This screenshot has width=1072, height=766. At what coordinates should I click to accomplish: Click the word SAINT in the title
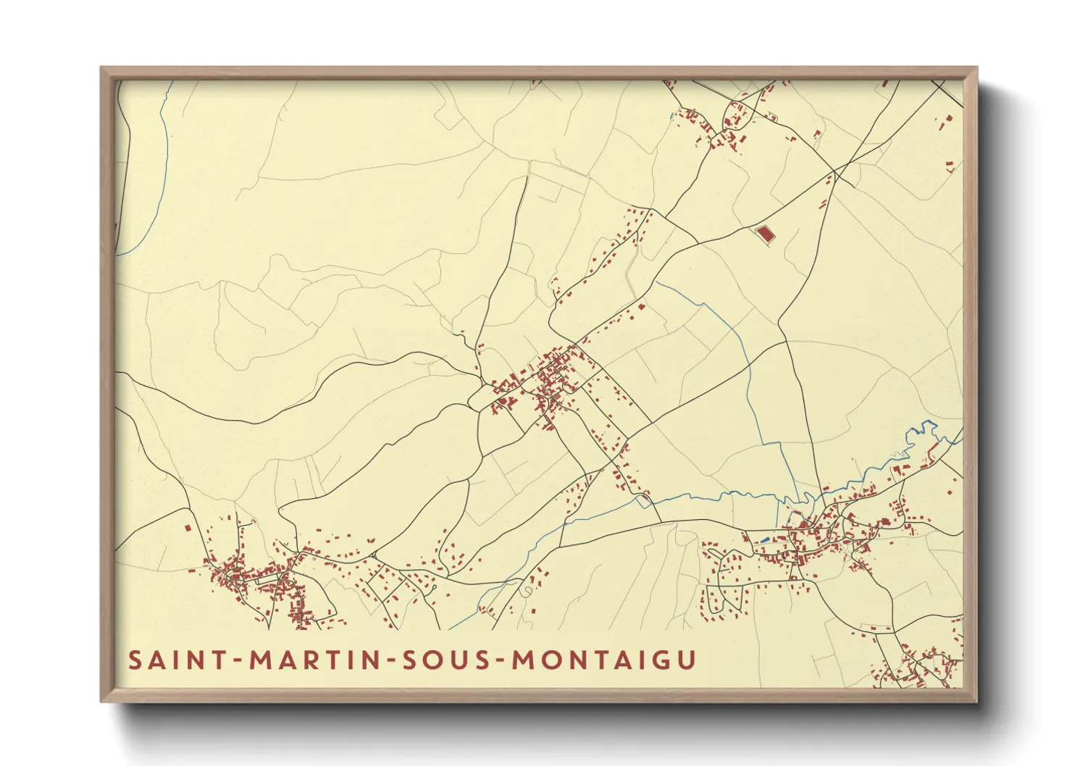click(169, 660)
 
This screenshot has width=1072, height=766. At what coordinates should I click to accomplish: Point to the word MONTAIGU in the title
click(604, 660)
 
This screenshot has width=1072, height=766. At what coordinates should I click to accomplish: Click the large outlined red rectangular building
click(763, 234)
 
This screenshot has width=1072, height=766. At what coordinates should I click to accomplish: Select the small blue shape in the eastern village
click(766, 540)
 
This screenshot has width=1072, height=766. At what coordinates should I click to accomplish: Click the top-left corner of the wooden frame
click(103, 70)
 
